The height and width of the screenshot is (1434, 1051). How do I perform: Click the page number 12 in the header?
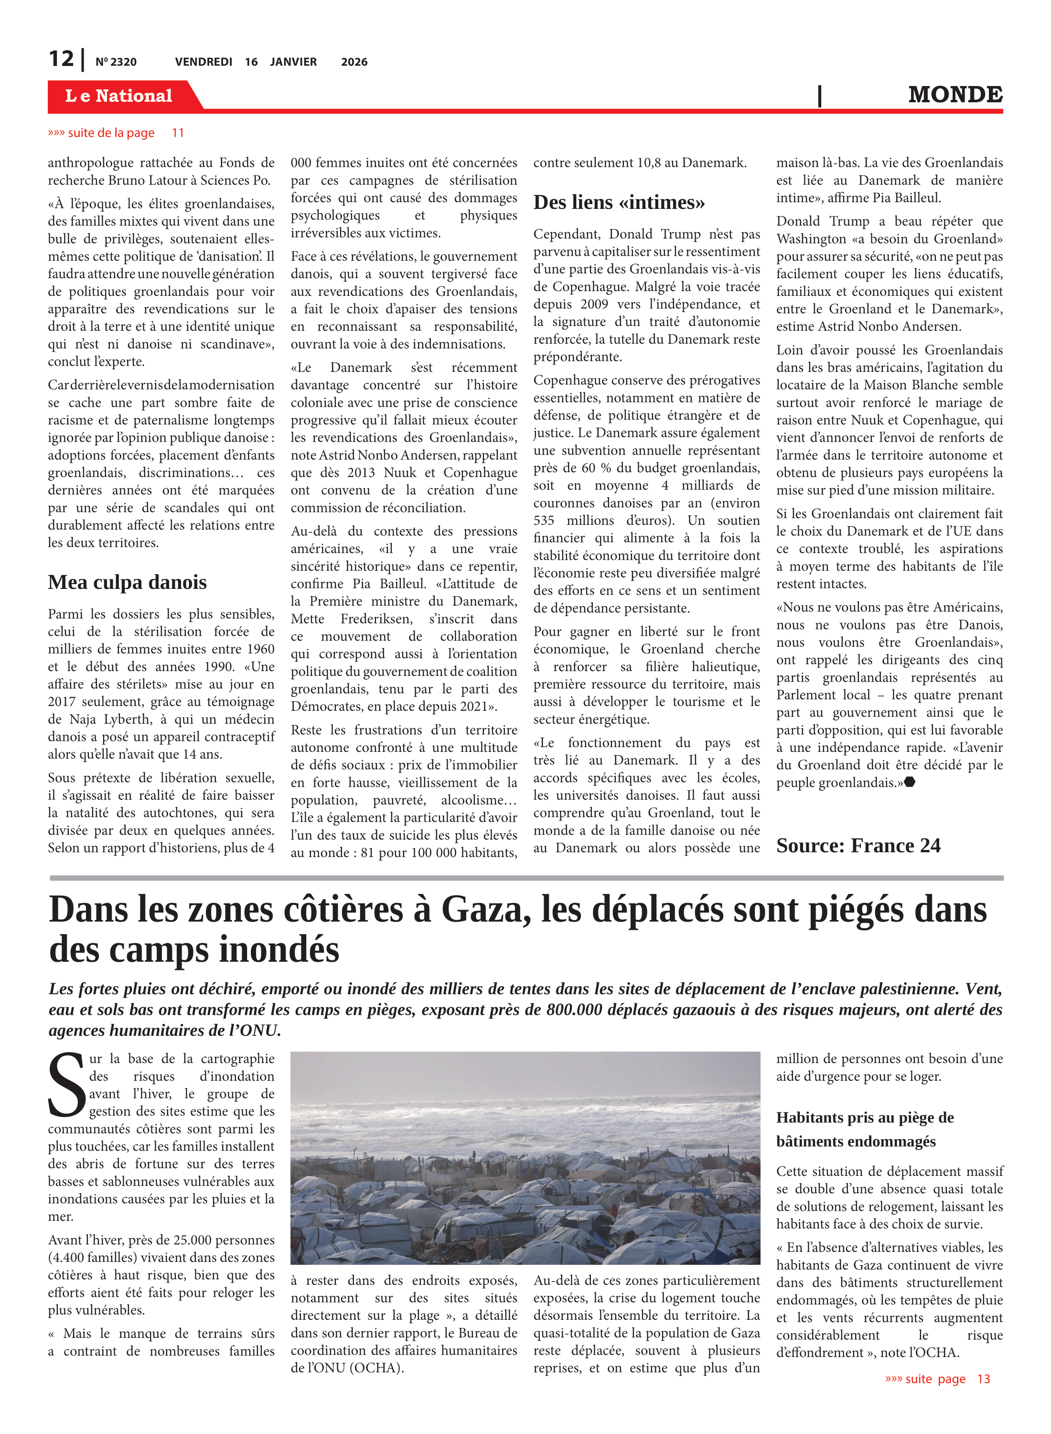pyautogui.click(x=62, y=59)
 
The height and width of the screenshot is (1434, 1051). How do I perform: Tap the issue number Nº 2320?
pyautogui.click(x=116, y=62)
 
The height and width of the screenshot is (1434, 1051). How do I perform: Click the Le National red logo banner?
pyautogui.click(x=119, y=96)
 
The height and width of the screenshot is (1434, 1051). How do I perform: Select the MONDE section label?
pyautogui.click(x=955, y=95)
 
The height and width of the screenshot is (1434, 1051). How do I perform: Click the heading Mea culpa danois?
pyautogui.click(x=127, y=582)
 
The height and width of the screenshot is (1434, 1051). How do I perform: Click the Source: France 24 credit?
pyautogui.click(x=858, y=846)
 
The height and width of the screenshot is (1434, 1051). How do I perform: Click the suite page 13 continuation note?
pyautogui.click(x=937, y=1379)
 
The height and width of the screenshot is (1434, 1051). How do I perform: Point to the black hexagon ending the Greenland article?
pyautogui.click(x=910, y=782)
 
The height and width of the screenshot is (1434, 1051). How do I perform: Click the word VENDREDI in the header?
pyautogui.click(x=204, y=62)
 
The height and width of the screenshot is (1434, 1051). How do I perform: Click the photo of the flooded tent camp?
pyautogui.click(x=525, y=1158)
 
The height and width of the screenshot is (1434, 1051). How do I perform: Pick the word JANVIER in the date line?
pyautogui.click(x=293, y=62)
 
